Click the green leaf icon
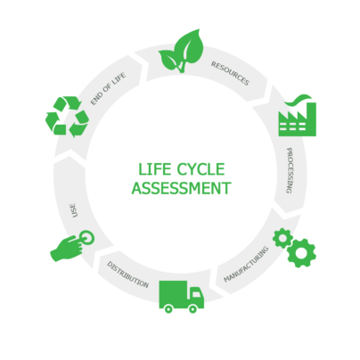point(181,51)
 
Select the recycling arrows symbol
point(67,116)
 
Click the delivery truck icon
point(182,297)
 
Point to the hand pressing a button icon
point(72,246)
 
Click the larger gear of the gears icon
point(301,253)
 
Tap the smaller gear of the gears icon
point(282,238)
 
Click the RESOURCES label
point(230,73)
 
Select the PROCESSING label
point(290,170)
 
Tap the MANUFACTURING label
point(246,265)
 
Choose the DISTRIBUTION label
point(127,274)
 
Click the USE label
point(74,210)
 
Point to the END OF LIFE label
point(108,88)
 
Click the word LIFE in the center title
point(155,169)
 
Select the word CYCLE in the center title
point(200,169)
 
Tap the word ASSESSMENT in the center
point(181,188)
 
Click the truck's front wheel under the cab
point(192,309)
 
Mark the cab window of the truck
point(196,293)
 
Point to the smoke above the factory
point(298,100)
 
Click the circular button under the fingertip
point(87,238)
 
